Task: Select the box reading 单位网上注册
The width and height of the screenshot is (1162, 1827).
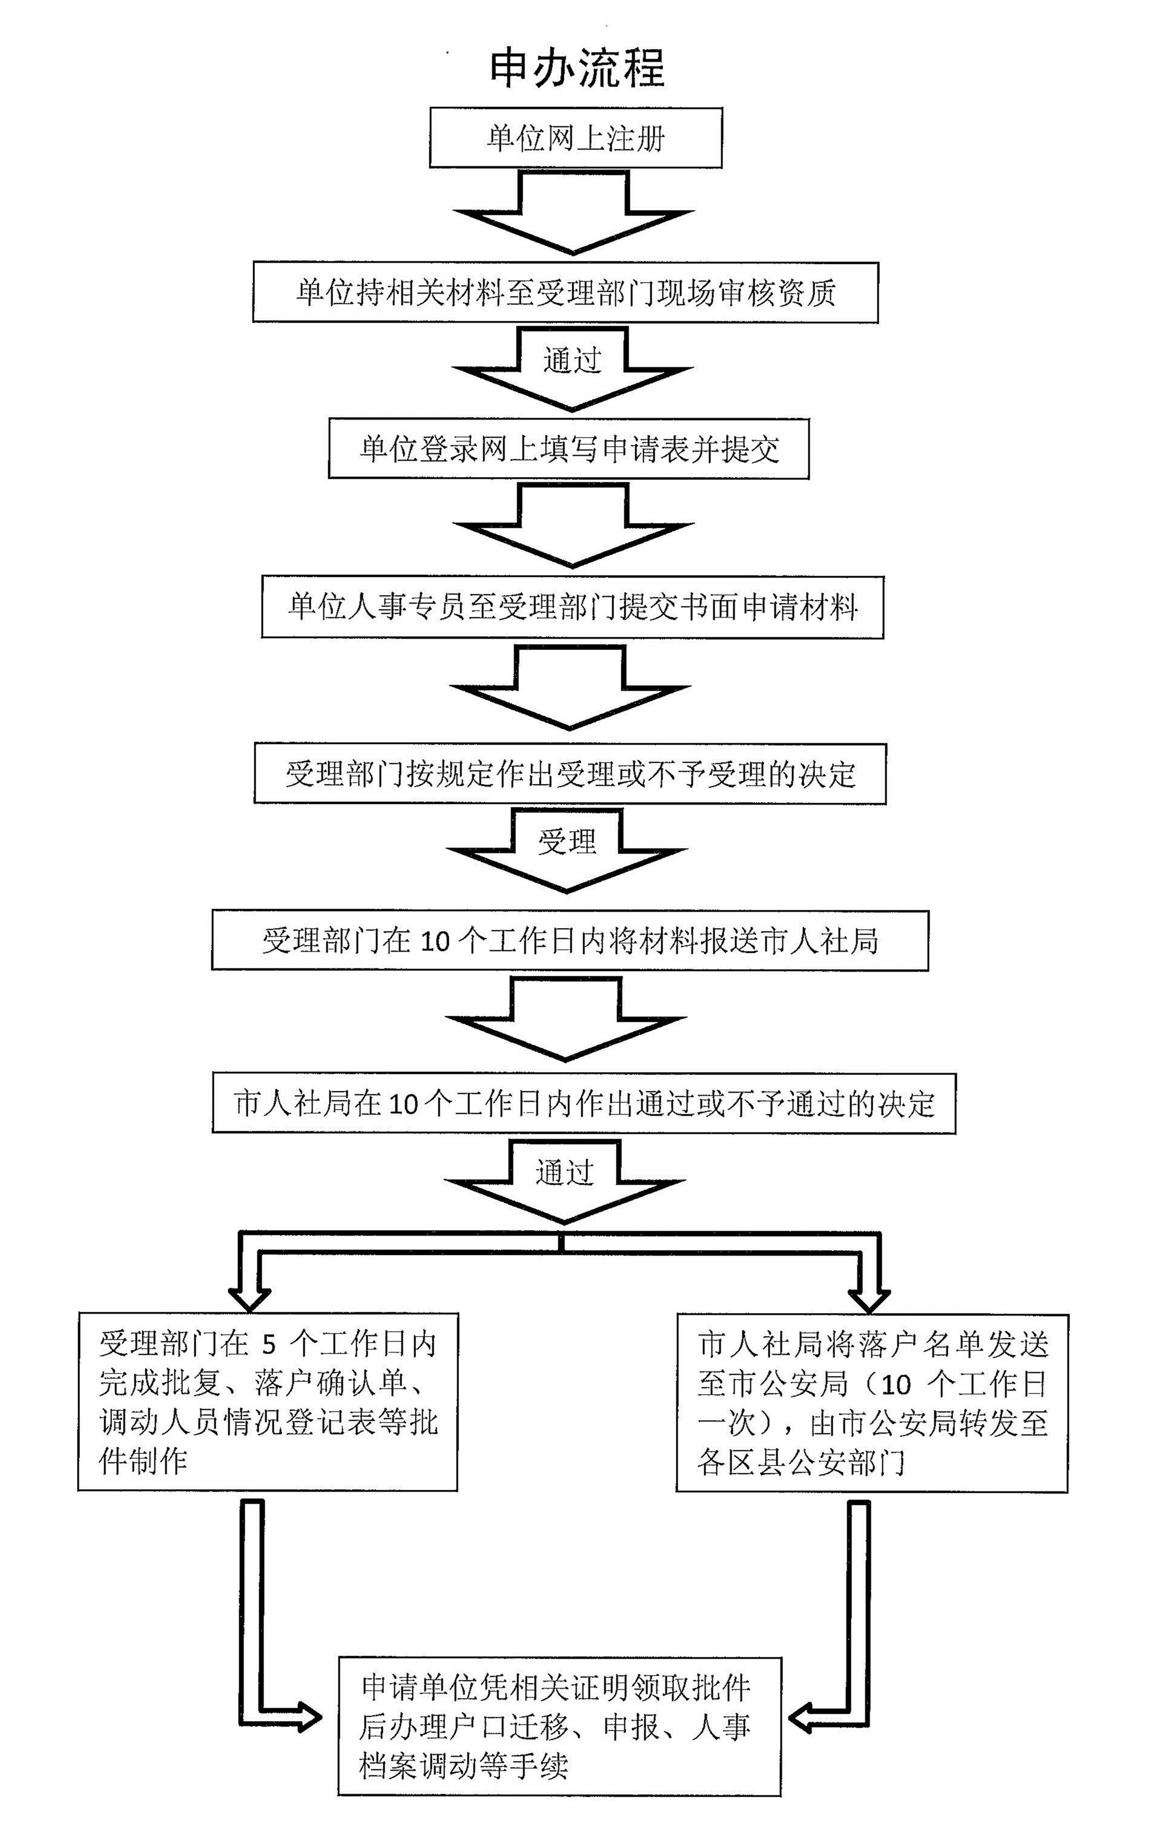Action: click(x=575, y=138)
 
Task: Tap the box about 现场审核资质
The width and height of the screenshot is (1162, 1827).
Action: click(x=566, y=293)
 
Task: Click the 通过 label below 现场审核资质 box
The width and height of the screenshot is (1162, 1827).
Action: click(x=572, y=360)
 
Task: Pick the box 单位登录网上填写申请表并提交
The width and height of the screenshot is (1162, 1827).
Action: click(x=569, y=449)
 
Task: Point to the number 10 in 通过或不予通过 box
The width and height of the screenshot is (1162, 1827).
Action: click(x=404, y=1105)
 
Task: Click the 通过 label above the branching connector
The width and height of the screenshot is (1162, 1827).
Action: click(x=564, y=1173)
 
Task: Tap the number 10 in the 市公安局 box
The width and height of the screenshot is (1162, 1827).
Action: click(x=896, y=1386)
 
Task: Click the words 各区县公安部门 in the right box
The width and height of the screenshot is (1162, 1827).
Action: click(x=801, y=1462)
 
